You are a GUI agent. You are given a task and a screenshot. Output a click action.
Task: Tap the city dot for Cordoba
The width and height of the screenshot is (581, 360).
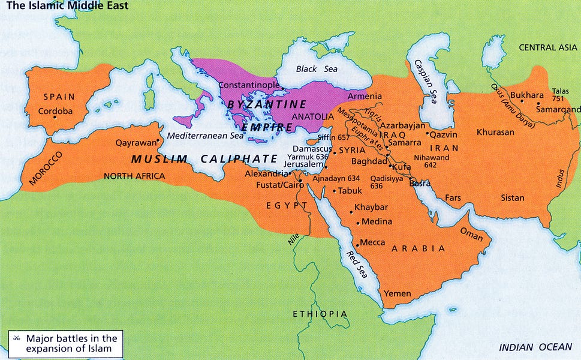click(x=55, y=117)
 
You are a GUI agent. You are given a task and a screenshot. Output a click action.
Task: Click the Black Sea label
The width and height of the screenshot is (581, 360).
click(x=317, y=69)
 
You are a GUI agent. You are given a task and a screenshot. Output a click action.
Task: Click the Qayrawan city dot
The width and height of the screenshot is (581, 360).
click(x=158, y=142)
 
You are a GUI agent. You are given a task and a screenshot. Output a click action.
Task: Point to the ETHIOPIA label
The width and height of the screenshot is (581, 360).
click(x=320, y=314)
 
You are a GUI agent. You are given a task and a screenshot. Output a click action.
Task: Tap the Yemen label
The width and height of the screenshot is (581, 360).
click(x=397, y=293)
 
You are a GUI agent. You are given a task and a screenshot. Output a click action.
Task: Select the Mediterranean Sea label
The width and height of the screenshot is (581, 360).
click(x=205, y=136)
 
